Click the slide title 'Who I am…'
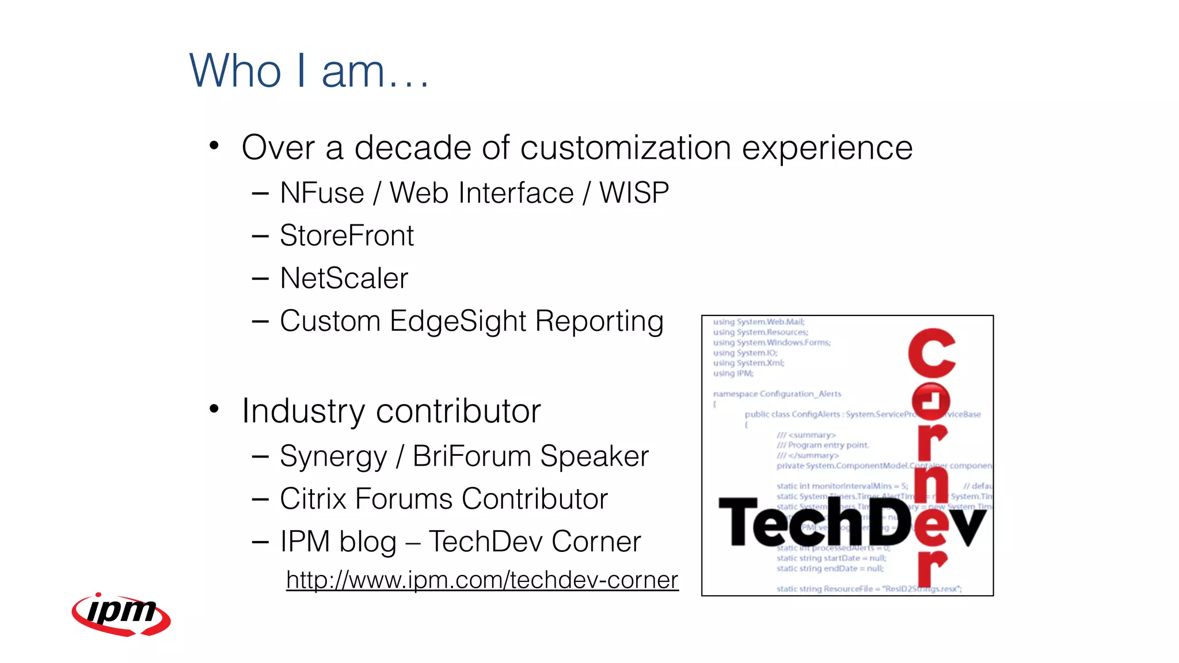pyautogui.click(x=309, y=71)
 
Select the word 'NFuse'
pyautogui.click(x=322, y=193)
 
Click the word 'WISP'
pyautogui.click(x=634, y=193)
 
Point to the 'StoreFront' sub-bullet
pyautogui.click(x=347, y=236)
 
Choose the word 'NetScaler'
pyautogui.click(x=344, y=279)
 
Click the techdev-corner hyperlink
pyautogui.click(x=482, y=580)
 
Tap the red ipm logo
pyautogui.click(x=121, y=614)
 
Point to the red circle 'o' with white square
pyautogui.click(x=930, y=401)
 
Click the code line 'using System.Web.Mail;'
pyautogui.click(x=758, y=322)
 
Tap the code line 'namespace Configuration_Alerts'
pyautogui.click(x=777, y=394)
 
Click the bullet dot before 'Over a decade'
pyautogui.click(x=214, y=146)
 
